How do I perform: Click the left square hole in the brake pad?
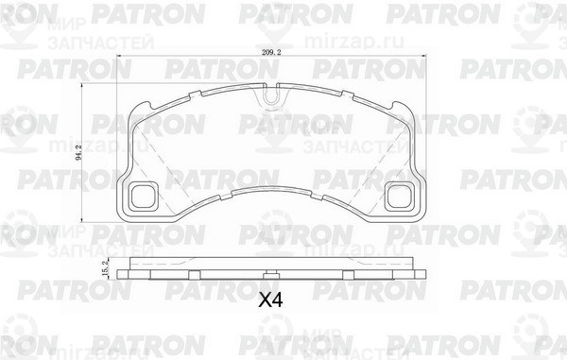tap(144, 196)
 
